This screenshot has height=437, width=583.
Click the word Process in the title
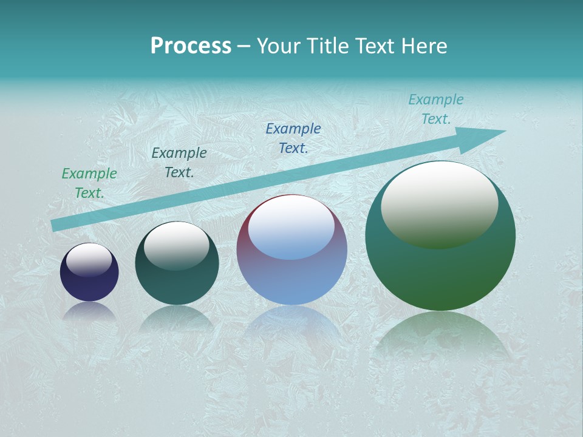191,46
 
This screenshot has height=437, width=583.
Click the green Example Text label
89,183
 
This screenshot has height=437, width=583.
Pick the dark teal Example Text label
179,162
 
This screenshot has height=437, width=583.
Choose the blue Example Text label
293,138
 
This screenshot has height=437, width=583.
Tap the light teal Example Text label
435,109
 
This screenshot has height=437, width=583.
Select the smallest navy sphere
89,285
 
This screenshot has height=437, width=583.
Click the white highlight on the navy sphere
89,260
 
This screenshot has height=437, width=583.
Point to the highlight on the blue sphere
291,228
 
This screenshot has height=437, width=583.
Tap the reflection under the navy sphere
89,311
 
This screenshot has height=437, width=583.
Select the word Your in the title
276,46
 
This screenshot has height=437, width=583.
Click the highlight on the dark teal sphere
177,245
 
